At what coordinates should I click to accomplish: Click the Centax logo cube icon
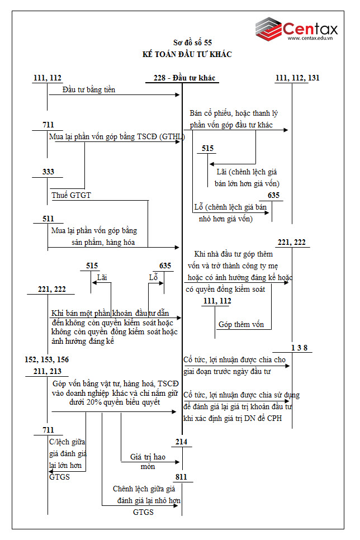click(268, 29)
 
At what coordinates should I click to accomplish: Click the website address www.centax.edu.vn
click(311, 39)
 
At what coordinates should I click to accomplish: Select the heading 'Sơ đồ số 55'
click(192, 42)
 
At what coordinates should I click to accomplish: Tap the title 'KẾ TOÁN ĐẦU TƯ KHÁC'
click(187, 54)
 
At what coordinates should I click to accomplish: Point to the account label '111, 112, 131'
click(297, 78)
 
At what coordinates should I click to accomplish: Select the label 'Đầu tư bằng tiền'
click(89, 89)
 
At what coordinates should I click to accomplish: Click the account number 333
click(48, 172)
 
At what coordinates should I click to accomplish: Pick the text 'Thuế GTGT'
click(71, 195)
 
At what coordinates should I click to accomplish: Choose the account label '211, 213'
click(47, 371)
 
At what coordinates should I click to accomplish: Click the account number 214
click(181, 442)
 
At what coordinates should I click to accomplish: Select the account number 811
click(181, 477)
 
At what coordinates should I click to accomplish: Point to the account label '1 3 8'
click(299, 348)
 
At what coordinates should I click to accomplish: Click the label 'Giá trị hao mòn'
click(148, 461)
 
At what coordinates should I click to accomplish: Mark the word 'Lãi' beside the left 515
click(102, 277)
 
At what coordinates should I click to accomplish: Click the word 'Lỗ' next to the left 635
click(154, 277)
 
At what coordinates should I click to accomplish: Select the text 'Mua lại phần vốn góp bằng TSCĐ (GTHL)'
click(116, 136)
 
